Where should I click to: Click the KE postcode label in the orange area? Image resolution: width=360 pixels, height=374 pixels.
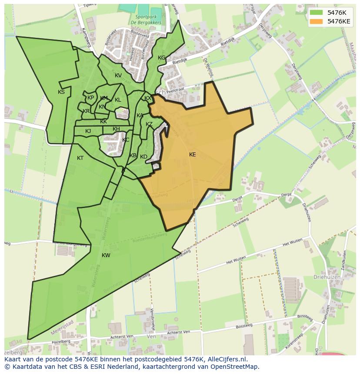click(192, 155)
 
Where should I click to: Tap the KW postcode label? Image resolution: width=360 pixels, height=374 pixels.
click(106, 255)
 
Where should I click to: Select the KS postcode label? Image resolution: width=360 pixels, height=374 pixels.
click(61, 92)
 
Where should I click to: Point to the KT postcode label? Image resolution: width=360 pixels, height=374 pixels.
click(80, 158)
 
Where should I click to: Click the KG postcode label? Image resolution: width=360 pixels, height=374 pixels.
click(161, 58)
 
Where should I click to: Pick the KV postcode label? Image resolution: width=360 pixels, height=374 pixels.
click(118, 76)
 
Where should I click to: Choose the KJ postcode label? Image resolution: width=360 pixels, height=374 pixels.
click(88, 131)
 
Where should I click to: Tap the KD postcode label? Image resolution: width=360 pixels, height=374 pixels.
click(143, 157)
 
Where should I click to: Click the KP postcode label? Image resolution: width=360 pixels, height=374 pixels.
click(90, 98)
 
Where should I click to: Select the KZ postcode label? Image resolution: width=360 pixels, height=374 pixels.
click(149, 124)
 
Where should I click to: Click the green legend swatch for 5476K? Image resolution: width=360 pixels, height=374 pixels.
click(317, 13)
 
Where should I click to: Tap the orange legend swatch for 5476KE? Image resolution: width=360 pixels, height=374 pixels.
click(317, 21)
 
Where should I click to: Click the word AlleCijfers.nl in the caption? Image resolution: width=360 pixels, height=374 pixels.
click(227, 360)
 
